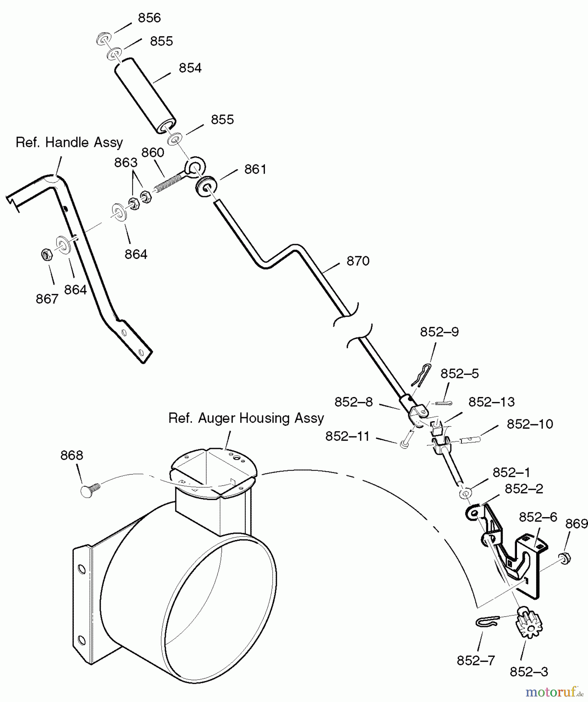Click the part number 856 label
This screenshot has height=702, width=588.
coord(149,18)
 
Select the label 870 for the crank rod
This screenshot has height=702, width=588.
coord(358,261)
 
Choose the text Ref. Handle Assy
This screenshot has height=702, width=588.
coord(69,142)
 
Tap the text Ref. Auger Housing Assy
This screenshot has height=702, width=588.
coord(246,418)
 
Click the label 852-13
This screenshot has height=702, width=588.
coord(491,402)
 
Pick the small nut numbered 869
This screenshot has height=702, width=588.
coord(564,558)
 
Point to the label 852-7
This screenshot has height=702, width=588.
coord(476,660)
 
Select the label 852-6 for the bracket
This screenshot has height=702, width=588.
coord(538,517)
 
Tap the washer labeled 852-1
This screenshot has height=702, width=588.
coord(465,493)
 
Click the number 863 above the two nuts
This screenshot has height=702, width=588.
coord(126,163)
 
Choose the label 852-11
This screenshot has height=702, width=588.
coord(347,436)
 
